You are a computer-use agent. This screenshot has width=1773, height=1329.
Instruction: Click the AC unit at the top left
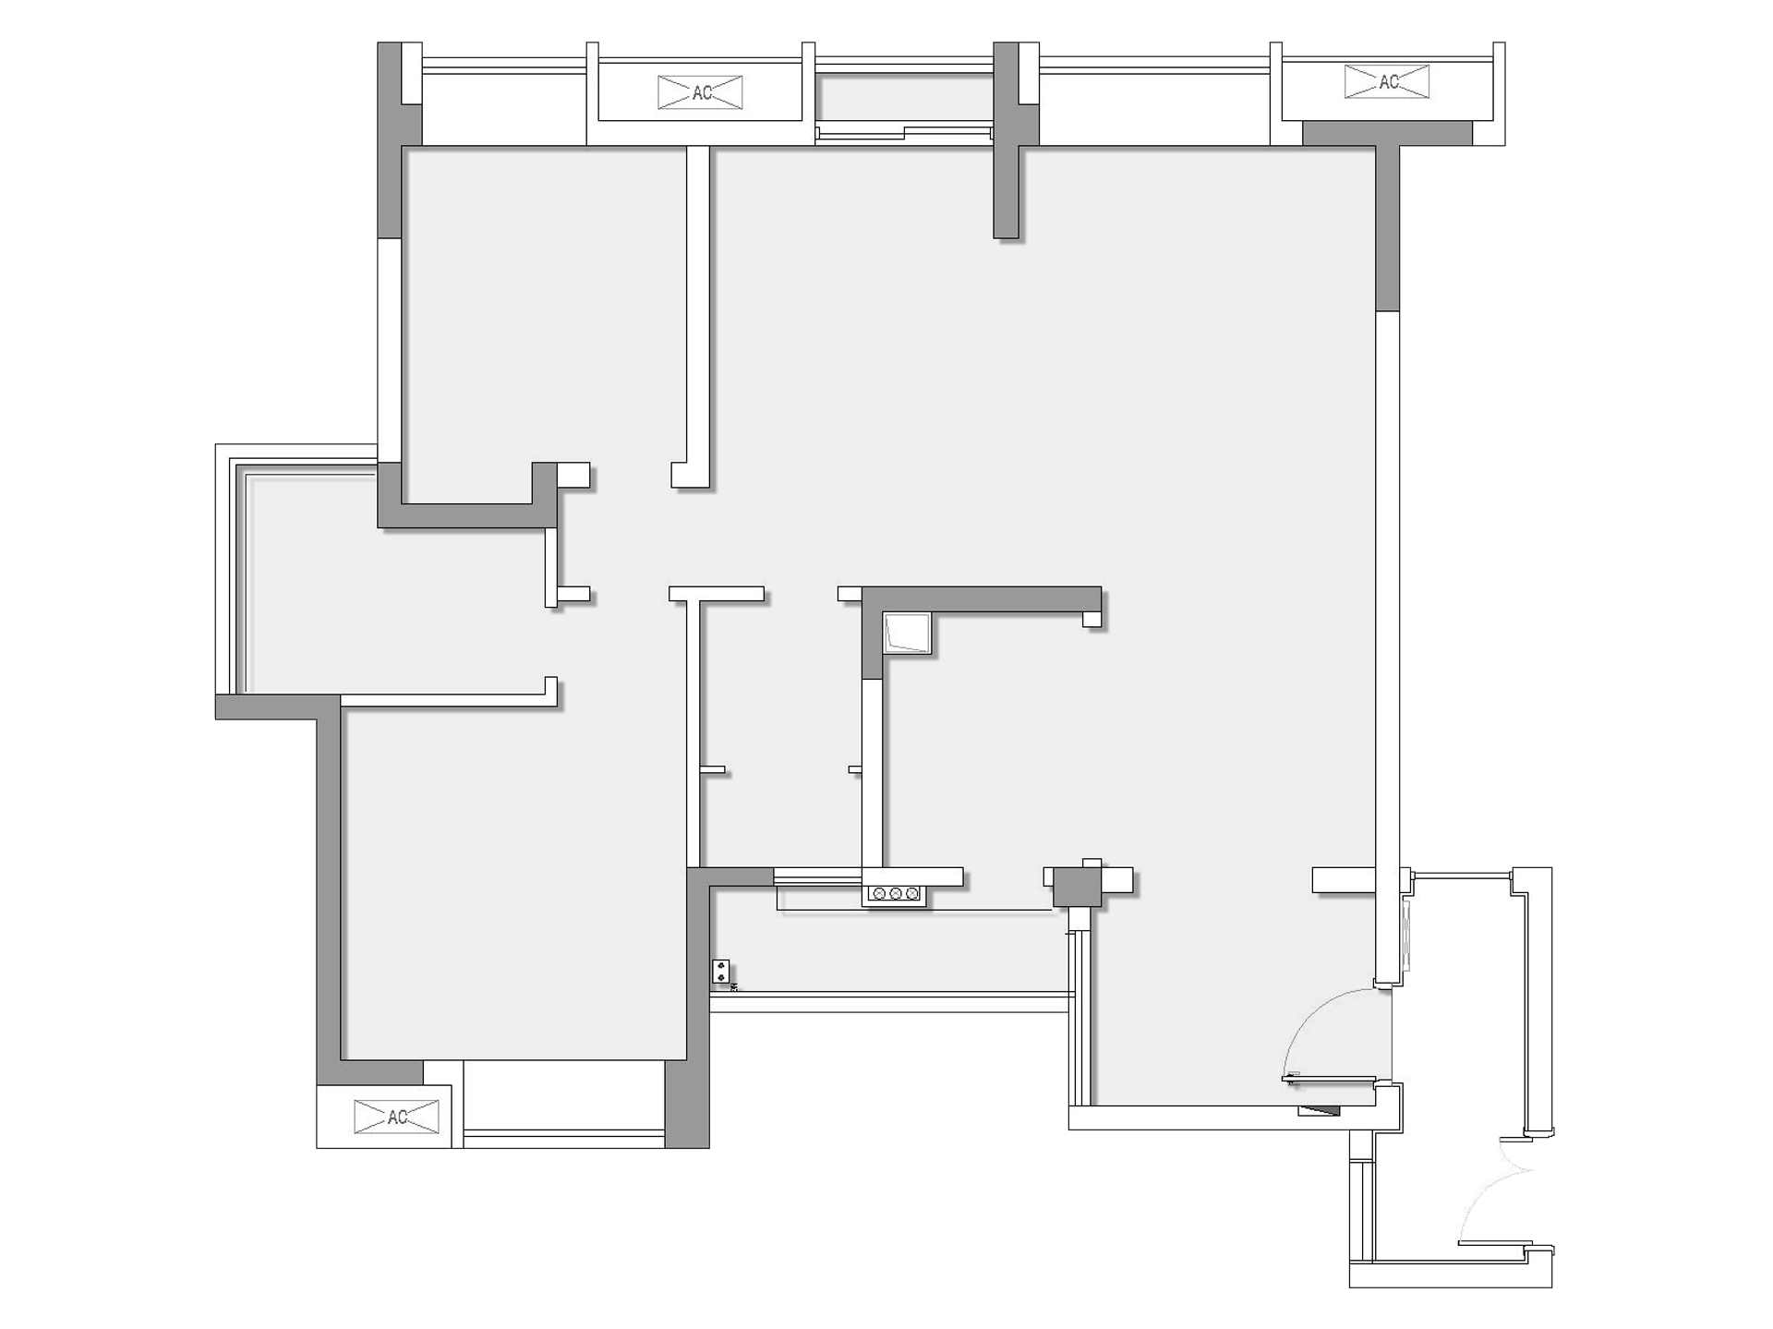point(700,92)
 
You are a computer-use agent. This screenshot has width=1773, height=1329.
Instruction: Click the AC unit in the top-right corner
point(1387,82)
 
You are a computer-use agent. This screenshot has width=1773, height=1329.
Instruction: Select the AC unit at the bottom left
point(397,1117)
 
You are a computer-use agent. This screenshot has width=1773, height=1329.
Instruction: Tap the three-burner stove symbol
point(894,894)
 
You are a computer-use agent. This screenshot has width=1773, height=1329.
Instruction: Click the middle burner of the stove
point(895,894)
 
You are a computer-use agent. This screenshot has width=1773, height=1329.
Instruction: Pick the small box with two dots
point(720,972)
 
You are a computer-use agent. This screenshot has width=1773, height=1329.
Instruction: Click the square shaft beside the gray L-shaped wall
point(906,633)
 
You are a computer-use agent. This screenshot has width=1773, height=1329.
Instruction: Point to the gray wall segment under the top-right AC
point(1387,133)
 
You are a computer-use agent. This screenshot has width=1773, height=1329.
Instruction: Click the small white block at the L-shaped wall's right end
point(1092,619)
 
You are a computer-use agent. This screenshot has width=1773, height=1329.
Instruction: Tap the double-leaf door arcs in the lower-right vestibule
point(1491,1191)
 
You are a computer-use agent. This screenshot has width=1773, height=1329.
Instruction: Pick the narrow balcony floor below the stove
point(891,951)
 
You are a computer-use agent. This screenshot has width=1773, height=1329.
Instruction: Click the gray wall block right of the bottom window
point(687,1104)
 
